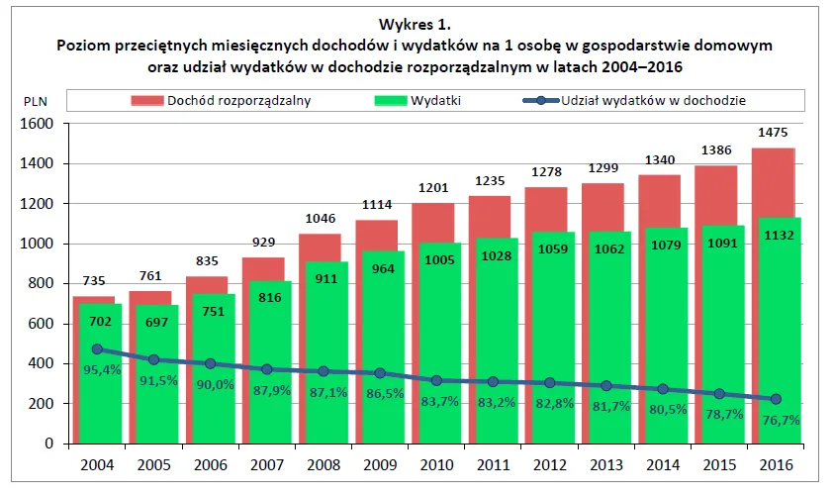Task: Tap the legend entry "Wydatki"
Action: coord(436,100)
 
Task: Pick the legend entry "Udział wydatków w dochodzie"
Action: coord(653,100)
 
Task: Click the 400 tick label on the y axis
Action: coord(40,363)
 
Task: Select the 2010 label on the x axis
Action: coord(435,464)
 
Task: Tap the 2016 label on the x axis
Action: coord(775,464)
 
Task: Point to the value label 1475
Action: coord(775,133)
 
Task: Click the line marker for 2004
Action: coord(97,349)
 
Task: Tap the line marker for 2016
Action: coord(775,399)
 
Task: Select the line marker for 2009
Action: coord(379,373)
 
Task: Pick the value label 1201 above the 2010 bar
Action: coord(435,188)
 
